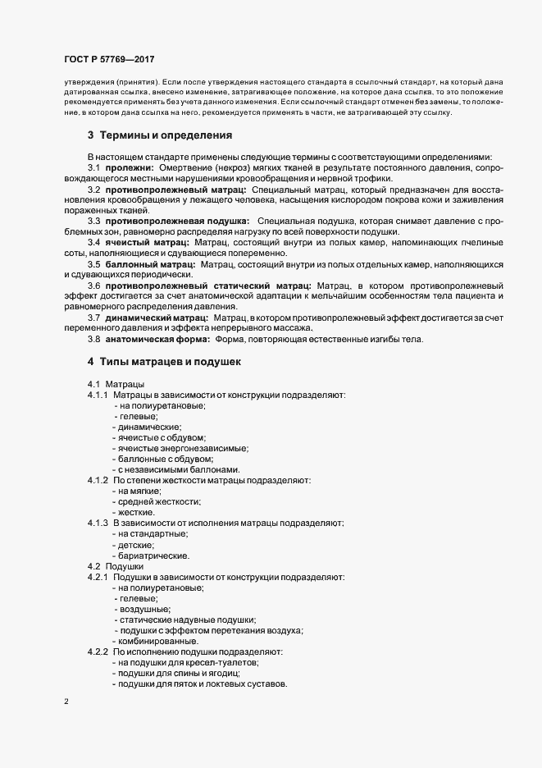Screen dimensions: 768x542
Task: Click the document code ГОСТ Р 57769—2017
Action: click(108, 59)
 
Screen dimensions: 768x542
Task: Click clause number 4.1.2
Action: click(98, 480)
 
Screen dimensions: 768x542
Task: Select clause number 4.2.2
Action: click(98, 651)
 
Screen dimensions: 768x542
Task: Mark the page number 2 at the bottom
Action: click(66, 702)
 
